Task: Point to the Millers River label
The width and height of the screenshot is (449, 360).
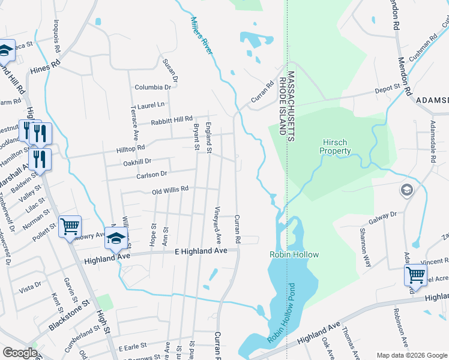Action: [x=202, y=36]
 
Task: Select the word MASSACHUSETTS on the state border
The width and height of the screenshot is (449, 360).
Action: [x=291, y=106]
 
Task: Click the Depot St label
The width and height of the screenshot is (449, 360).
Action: [x=388, y=88]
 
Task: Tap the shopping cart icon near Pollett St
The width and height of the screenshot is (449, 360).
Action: [x=70, y=226]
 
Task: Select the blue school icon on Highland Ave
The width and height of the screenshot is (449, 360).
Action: [x=116, y=238]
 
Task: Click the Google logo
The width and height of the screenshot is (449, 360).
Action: [x=20, y=353]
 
